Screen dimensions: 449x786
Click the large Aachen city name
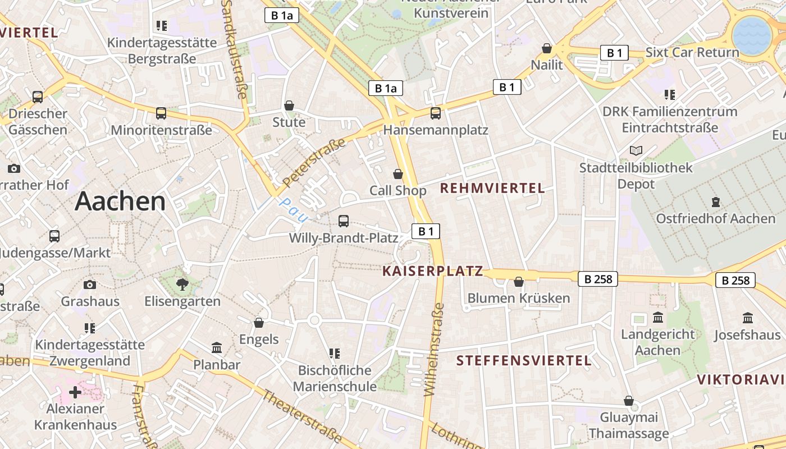[x=120, y=201]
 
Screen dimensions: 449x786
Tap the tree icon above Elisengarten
[x=182, y=285]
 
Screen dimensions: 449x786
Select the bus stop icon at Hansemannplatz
[x=436, y=113]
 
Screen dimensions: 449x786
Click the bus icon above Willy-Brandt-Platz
[x=344, y=221]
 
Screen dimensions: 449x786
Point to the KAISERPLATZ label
[x=432, y=271]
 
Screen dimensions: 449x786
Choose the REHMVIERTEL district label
[x=492, y=188]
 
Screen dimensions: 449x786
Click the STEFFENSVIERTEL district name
[x=524, y=360]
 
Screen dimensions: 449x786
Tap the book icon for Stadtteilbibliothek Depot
[x=636, y=150]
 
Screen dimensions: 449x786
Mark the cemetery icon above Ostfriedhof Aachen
[x=715, y=201]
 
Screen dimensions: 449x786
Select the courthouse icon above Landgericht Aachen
[x=658, y=318]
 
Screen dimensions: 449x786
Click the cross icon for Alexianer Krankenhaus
[x=75, y=392]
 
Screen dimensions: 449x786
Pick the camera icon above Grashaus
[x=90, y=285]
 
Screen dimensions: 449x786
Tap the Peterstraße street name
[x=314, y=163]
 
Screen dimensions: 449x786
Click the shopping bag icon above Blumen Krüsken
[x=519, y=281]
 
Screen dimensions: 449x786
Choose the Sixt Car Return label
[x=692, y=52]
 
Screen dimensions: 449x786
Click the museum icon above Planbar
[x=217, y=348]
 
